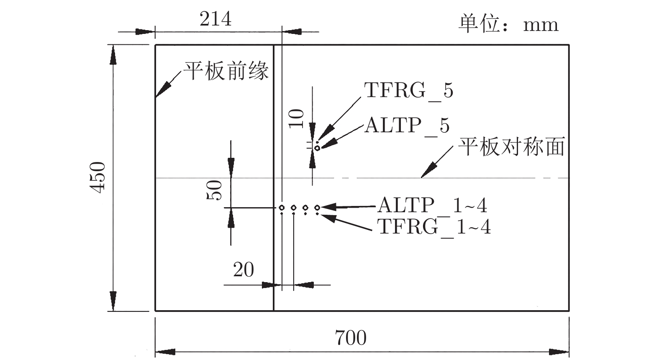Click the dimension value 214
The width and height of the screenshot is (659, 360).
[215, 19]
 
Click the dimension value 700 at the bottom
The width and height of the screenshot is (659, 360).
[351, 338]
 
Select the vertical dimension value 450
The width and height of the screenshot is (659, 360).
[99, 177]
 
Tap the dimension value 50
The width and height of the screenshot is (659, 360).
[215, 190]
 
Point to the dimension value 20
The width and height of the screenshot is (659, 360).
[244, 270]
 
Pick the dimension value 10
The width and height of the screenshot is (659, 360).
[297, 118]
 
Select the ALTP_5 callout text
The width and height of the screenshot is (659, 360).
[407, 126]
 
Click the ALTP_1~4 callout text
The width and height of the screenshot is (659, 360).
[432, 206]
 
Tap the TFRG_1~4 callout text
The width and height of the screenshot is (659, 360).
[434, 227]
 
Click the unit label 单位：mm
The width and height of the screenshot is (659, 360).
[508, 24]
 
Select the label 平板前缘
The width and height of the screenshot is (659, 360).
[226, 71]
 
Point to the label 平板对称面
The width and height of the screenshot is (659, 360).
[511, 147]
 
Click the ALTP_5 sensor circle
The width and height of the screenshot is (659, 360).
[317, 148]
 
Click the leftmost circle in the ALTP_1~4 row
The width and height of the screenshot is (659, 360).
[282, 208]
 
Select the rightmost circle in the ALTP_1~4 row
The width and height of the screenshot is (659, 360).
[317, 208]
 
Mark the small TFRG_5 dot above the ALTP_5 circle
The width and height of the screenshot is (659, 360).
[317, 142]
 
